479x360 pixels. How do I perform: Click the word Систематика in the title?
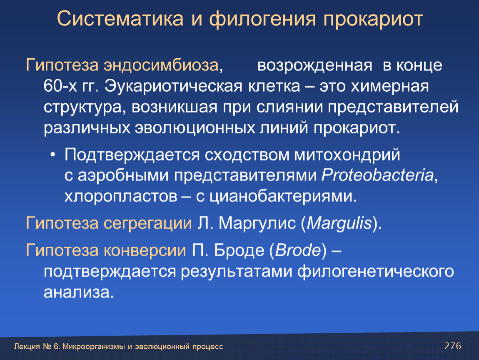[120, 19]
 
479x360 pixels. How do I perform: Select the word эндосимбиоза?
[161, 65]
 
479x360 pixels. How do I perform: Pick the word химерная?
[389, 87]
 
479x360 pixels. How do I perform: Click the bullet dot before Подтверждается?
[53, 155]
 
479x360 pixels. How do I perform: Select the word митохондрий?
[347, 155]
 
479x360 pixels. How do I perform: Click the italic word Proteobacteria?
[377, 175]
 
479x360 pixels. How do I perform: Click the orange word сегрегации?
[147, 223]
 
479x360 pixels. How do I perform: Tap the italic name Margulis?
[339, 223]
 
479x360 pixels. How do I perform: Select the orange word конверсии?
[145, 250]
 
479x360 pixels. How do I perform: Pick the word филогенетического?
[375, 272]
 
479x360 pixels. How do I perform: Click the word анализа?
[78, 292]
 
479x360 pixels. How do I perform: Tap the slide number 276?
[453, 346]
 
